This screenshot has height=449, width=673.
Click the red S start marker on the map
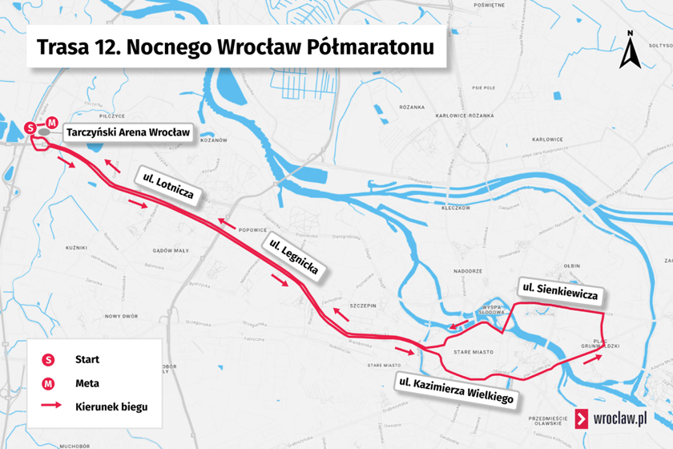click(31, 127)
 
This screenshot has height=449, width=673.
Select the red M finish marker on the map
click(52, 123)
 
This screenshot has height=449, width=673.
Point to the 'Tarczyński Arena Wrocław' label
click(128, 132)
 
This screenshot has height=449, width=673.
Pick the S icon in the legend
click(49, 360)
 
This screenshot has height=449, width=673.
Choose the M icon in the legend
click(49, 383)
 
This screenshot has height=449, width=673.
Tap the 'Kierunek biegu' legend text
click(111, 407)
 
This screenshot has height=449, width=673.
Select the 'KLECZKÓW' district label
click(454, 208)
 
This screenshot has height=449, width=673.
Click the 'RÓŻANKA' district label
click(411, 107)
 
